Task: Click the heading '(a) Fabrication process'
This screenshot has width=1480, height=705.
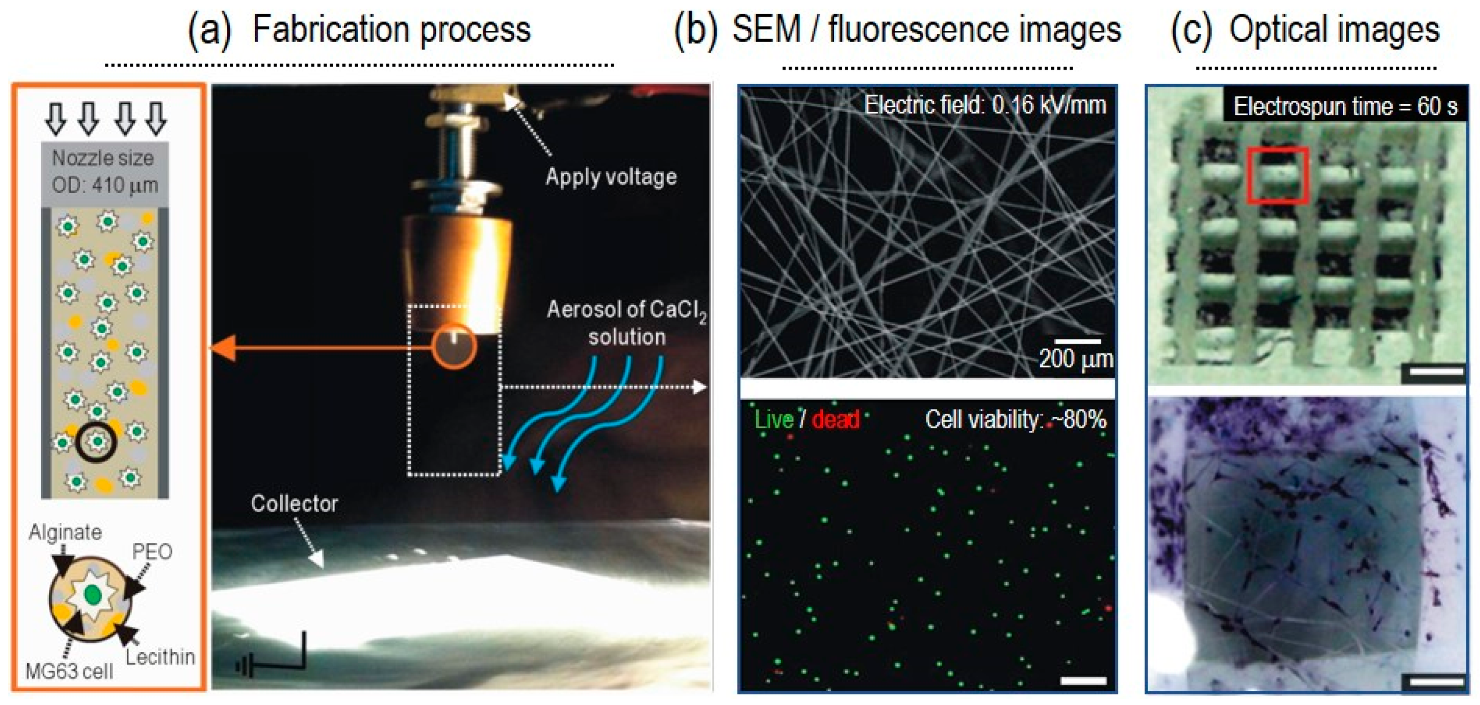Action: click(x=359, y=30)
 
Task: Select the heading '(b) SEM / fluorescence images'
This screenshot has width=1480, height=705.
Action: click(x=897, y=30)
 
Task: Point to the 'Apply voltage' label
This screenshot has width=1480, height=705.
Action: click(x=611, y=177)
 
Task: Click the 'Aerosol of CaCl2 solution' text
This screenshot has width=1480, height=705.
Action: click(x=626, y=322)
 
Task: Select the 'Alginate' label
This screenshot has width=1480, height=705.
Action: click(x=65, y=532)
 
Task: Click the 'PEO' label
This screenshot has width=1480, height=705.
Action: click(x=152, y=552)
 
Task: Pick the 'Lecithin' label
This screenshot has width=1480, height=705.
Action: click(x=160, y=656)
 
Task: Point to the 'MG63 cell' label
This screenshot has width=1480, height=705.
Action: click(x=69, y=671)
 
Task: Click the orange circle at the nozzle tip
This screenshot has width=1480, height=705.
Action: click(x=454, y=346)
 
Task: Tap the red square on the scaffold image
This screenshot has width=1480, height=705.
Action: click(x=1277, y=176)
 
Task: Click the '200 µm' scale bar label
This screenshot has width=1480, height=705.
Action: click(x=1075, y=359)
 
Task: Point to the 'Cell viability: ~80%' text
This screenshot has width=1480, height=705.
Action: click(x=1015, y=420)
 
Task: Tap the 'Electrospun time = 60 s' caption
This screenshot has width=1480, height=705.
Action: click(x=1345, y=107)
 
